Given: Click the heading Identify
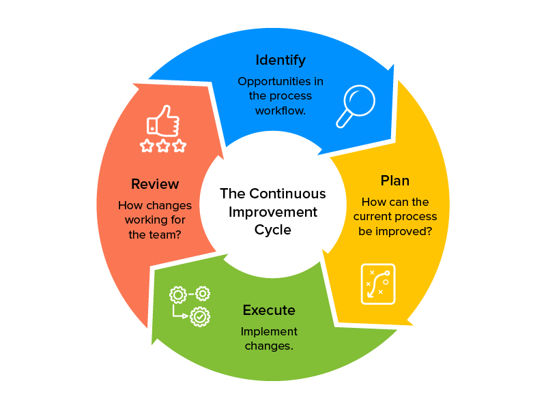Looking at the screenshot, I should (x=281, y=60).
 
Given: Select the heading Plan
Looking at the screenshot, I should (x=395, y=181).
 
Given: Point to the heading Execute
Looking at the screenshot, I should (x=269, y=311).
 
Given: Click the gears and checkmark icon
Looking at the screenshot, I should (x=190, y=305).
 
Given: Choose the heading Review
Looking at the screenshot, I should (x=155, y=184).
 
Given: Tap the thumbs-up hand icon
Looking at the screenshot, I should (x=164, y=121).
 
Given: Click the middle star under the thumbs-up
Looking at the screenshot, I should (x=163, y=146).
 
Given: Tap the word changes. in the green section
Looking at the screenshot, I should (x=269, y=346).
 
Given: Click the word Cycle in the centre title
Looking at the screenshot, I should (x=273, y=230).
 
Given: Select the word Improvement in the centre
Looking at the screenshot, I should (x=273, y=212).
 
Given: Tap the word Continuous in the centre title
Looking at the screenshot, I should (x=287, y=194).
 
